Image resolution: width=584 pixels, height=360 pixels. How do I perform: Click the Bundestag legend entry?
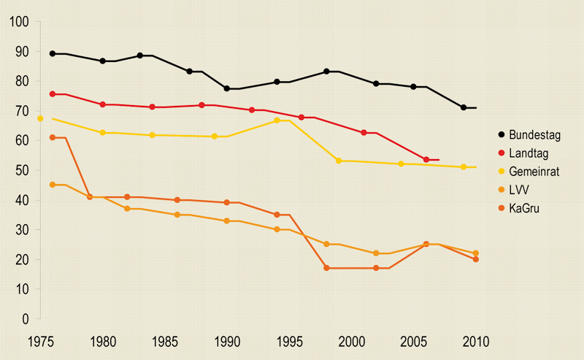[x=529, y=135]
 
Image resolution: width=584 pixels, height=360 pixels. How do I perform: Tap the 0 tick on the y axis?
[x=24, y=319]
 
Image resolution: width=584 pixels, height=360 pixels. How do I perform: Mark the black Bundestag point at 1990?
[x=227, y=88]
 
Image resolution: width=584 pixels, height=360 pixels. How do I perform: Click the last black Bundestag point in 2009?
[x=464, y=107]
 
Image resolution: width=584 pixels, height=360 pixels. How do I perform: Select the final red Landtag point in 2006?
[x=426, y=159]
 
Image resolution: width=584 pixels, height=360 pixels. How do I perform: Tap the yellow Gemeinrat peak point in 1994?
[x=277, y=120]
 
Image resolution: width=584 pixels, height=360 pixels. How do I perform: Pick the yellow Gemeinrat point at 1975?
[x=40, y=118]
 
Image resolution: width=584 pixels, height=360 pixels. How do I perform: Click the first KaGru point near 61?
[x=53, y=137]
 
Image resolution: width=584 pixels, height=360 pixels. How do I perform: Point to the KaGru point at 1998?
[x=326, y=268]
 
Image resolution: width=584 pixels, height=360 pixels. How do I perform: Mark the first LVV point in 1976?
[x=53, y=185]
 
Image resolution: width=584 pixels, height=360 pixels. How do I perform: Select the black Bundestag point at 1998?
[x=326, y=72]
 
